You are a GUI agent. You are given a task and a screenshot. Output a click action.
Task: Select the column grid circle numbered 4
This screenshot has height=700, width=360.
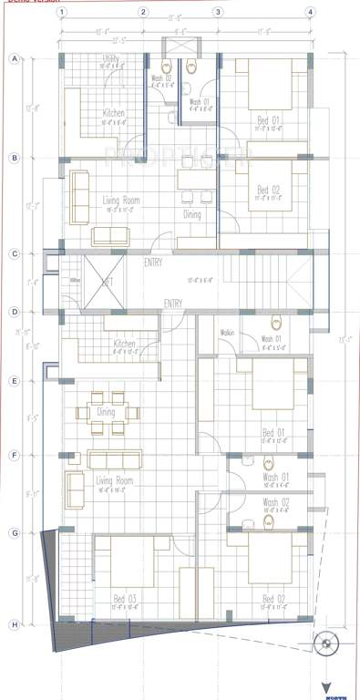click(x=311, y=13)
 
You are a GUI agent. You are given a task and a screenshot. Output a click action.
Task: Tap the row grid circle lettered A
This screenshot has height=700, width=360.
click(x=14, y=59)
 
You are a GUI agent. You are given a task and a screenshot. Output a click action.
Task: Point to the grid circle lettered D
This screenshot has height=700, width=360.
click(x=14, y=312)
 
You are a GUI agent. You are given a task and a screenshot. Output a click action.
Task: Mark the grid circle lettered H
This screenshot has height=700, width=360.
click(x=14, y=624)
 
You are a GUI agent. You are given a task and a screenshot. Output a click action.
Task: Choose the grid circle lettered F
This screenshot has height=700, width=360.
click(x=14, y=454)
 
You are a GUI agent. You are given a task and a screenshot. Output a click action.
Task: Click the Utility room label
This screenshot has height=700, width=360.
click(x=110, y=58)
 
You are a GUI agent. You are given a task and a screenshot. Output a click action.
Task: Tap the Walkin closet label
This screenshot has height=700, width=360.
click(x=227, y=333)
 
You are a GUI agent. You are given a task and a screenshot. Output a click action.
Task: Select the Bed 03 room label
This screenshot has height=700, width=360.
click(x=123, y=598)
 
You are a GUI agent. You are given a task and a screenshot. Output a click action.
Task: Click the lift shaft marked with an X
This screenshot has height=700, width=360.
click(x=107, y=282)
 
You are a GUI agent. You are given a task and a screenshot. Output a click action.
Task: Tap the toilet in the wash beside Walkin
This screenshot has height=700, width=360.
click(x=275, y=323)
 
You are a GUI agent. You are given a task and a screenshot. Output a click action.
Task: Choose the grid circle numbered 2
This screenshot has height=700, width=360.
click(x=143, y=13)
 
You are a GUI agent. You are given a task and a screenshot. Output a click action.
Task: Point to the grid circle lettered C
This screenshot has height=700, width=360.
click(x=14, y=254)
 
